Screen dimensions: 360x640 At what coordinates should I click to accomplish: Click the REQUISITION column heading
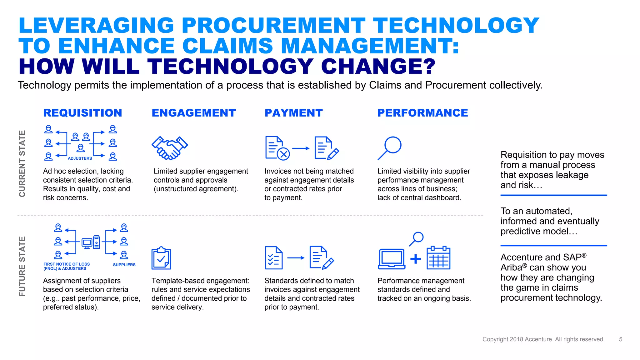tap(82, 113)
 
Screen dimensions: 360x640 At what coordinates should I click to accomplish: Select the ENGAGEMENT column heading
tap(194, 113)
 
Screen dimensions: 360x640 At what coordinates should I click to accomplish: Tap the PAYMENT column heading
tap(293, 113)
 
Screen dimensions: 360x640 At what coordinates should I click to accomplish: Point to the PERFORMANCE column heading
tap(422, 113)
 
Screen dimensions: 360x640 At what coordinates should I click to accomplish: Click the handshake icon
tap(170, 148)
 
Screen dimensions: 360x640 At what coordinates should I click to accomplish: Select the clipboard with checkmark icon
tap(161, 258)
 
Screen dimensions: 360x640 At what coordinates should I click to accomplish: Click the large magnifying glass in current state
tap(390, 148)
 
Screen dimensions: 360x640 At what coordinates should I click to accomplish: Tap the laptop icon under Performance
tap(392, 259)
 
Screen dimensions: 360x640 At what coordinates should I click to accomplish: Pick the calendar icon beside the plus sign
tap(438, 258)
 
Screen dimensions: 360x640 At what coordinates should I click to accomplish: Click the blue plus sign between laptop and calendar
tap(415, 259)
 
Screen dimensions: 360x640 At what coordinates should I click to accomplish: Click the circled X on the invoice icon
tap(283, 154)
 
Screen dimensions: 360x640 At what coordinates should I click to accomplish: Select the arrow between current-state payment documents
tap(301, 148)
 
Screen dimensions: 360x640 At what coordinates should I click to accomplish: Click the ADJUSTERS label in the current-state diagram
tap(80, 158)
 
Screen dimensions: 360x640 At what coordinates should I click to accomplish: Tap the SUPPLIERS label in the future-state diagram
tap(124, 265)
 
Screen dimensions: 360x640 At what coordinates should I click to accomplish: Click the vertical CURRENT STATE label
tap(22, 163)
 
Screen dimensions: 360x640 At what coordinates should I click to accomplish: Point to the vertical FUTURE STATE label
tap(22, 266)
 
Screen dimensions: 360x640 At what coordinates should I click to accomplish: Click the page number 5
tap(621, 339)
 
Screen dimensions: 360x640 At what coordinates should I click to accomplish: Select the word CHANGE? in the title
tap(378, 67)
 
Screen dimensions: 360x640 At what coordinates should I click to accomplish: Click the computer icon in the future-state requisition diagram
tap(91, 242)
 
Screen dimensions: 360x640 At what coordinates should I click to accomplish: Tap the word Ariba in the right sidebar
tap(511, 268)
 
